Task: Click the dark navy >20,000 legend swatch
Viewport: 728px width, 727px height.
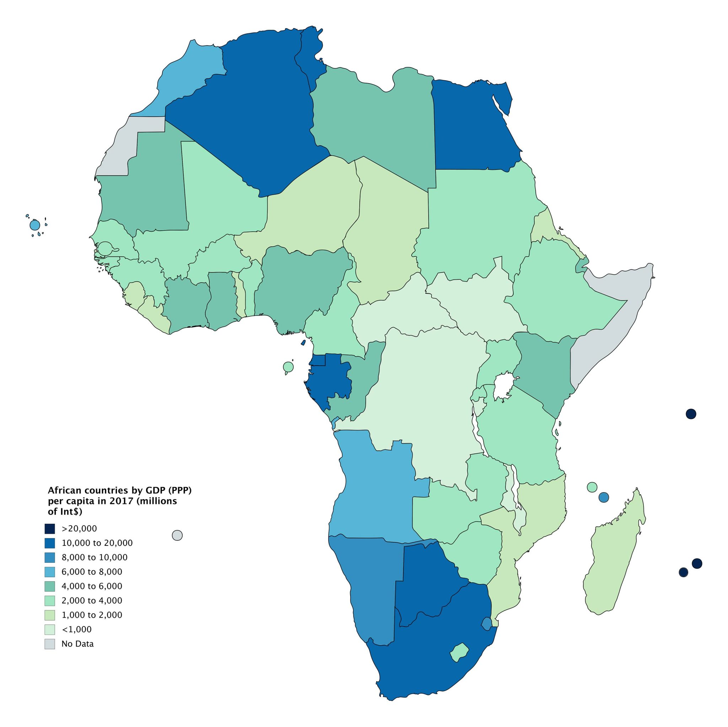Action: (50, 528)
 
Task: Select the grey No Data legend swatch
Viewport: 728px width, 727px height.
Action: (50, 644)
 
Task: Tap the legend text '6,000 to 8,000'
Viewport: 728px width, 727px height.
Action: (92, 572)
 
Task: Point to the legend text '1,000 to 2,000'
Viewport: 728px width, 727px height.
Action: (92, 615)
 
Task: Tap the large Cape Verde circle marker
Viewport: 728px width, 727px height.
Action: (35, 225)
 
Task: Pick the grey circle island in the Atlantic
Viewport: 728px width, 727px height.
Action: (177, 535)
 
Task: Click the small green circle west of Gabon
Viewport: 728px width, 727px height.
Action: (288, 366)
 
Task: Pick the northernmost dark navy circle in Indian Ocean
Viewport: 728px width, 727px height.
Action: (691, 414)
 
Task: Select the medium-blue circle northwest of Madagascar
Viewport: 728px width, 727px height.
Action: (604, 497)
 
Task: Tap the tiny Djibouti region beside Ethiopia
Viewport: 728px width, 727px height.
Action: (582, 265)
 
